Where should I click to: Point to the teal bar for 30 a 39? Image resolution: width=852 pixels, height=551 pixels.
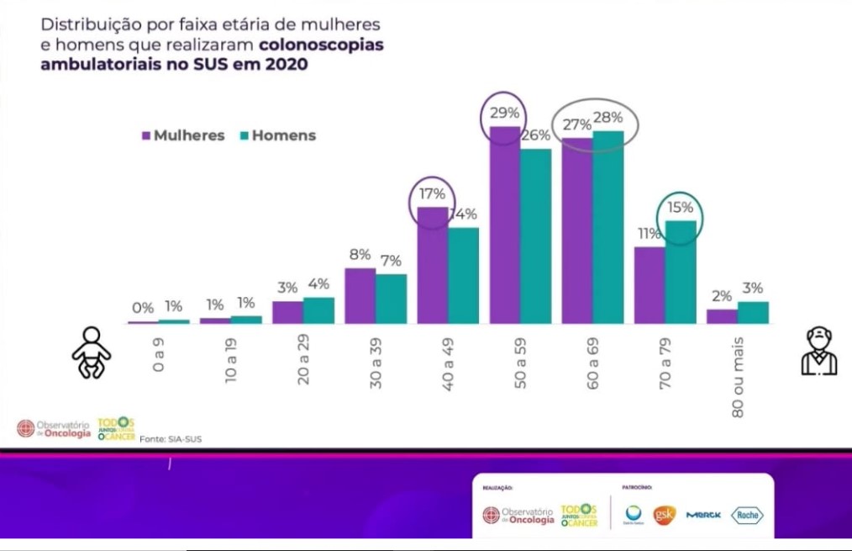[x=391, y=299]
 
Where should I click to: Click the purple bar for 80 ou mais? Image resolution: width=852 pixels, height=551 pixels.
[x=722, y=316]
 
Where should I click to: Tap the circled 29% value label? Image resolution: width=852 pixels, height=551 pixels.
[x=504, y=111]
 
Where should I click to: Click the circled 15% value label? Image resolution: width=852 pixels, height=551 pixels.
[x=680, y=207]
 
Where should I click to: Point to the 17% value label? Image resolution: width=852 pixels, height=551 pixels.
[x=432, y=193]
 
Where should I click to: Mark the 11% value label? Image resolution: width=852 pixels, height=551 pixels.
[x=650, y=234]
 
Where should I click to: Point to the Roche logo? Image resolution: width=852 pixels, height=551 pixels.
[x=746, y=515]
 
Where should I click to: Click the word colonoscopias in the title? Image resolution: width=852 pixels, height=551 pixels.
[x=322, y=45]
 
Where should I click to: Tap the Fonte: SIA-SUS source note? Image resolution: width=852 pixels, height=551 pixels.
[x=171, y=438]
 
